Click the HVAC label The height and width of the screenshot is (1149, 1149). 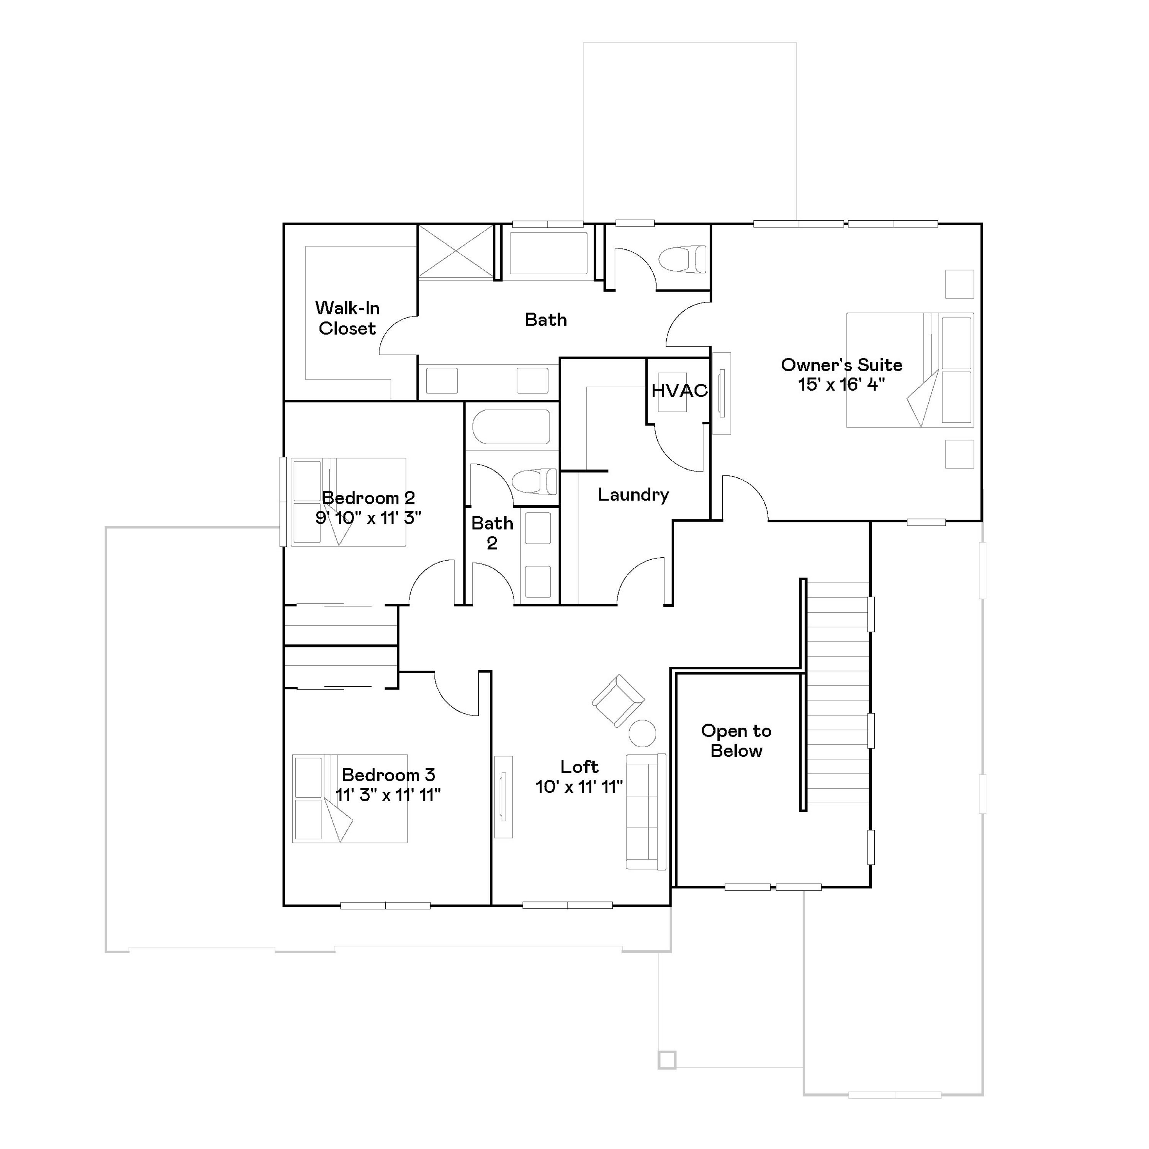[679, 391]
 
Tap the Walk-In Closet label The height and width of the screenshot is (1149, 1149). [347, 318]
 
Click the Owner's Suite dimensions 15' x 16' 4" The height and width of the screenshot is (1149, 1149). [841, 385]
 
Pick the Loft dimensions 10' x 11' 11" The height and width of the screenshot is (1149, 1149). [579, 787]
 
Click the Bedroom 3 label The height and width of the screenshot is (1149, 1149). [388, 774]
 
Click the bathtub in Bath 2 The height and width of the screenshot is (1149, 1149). [511, 427]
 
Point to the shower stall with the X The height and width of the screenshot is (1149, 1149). [455, 252]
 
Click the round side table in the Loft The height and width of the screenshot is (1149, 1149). [642, 733]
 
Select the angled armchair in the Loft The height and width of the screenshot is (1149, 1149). [619, 701]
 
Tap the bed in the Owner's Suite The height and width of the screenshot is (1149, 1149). [910, 370]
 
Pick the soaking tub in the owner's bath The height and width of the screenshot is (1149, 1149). [548, 253]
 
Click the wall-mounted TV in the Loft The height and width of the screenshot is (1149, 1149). [503, 797]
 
